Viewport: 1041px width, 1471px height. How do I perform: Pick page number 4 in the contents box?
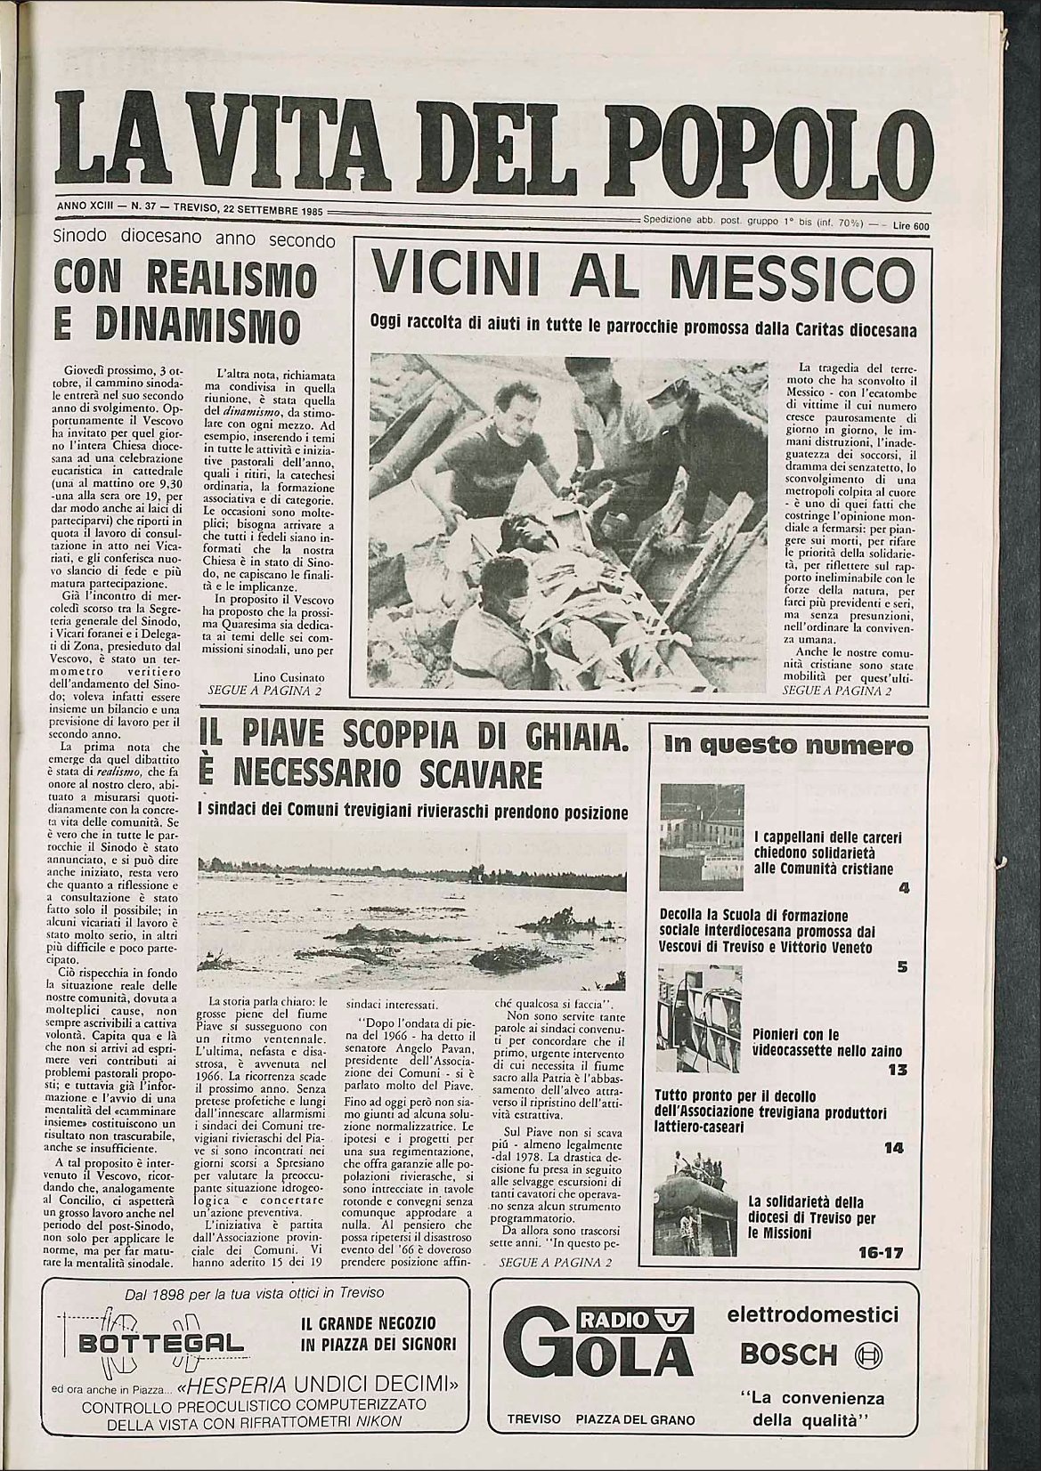tap(903, 887)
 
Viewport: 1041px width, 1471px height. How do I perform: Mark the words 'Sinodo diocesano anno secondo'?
tap(193, 239)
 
